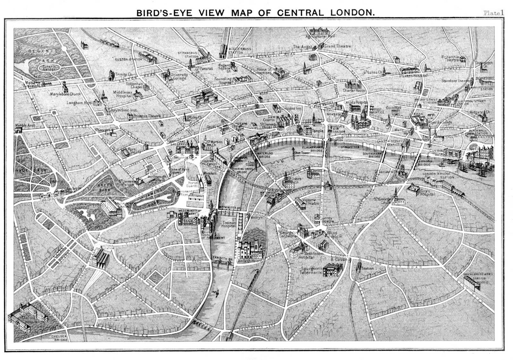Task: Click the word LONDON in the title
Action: (352, 13)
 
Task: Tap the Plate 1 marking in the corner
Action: (493, 13)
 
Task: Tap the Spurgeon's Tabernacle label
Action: (311, 270)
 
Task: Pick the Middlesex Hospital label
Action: (123, 94)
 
